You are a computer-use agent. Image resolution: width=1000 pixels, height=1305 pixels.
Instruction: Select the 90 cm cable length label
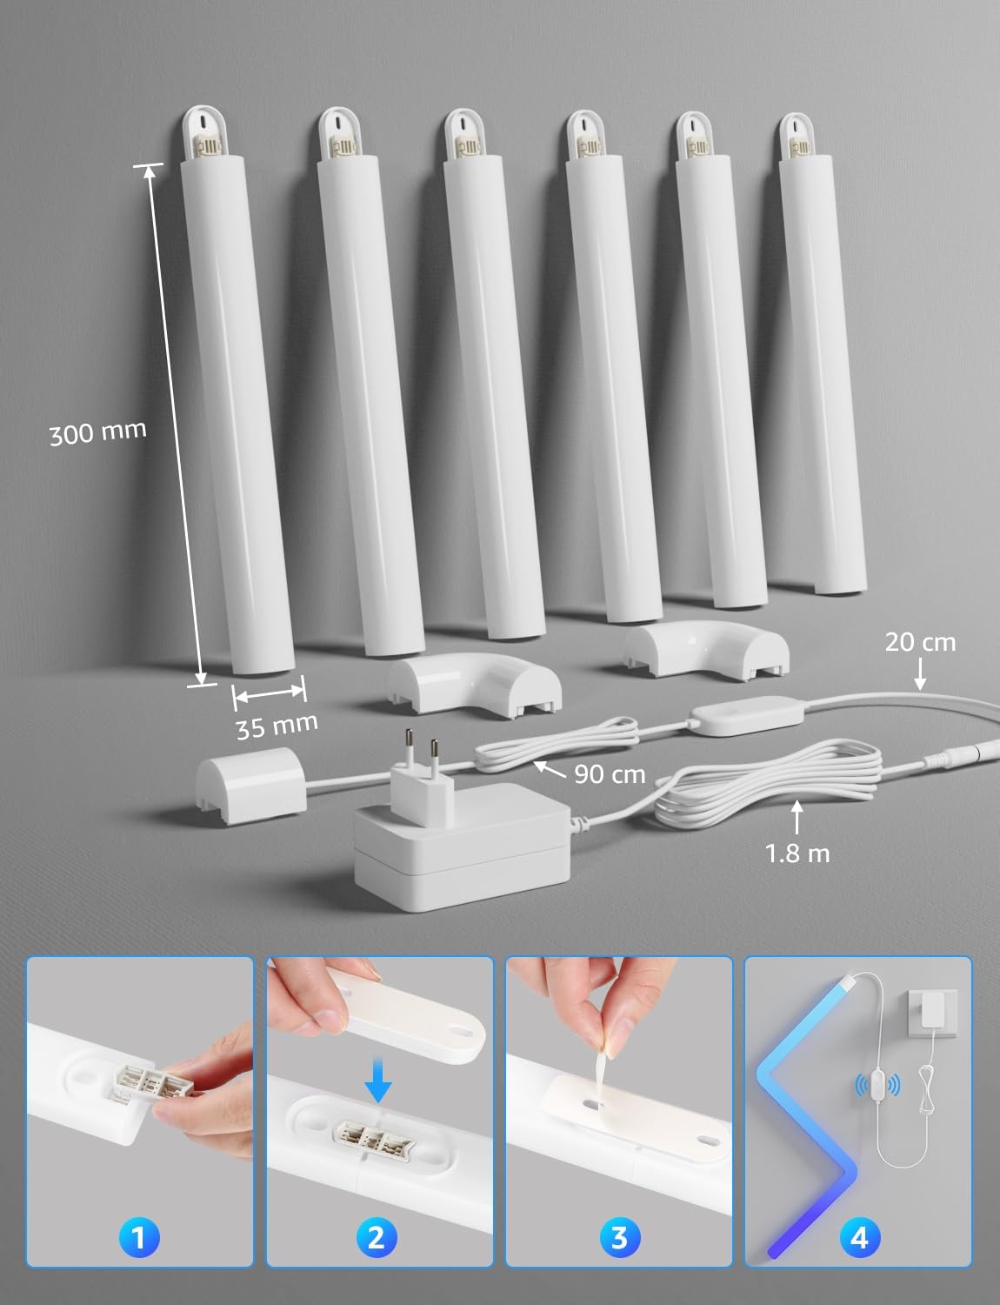coord(610,773)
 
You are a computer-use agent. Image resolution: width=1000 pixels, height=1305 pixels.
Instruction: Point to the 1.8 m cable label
coord(797,853)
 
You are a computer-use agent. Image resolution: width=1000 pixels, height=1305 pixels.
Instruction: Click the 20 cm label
coord(920,642)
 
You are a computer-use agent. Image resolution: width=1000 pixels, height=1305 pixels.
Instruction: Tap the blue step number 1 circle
coord(139,1237)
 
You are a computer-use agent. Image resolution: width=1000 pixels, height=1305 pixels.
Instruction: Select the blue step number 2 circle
coord(377,1237)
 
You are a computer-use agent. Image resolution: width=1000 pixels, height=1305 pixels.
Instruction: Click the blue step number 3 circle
coord(618,1237)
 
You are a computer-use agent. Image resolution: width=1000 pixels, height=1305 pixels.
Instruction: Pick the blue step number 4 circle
coord(858,1237)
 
